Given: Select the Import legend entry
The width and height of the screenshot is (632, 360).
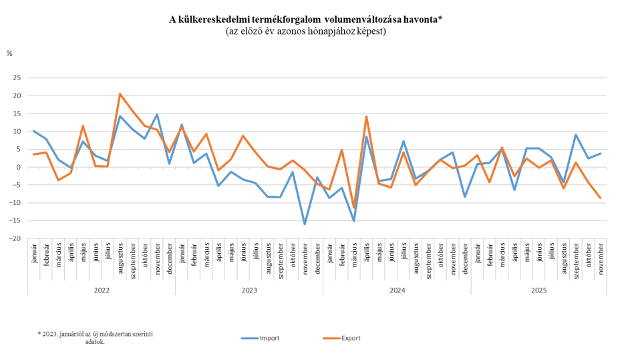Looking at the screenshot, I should click(x=269, y=339).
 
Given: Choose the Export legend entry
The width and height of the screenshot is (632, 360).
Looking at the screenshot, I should click(x=351, y=339).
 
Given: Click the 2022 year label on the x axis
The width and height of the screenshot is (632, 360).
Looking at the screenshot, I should click(x=102, y=291).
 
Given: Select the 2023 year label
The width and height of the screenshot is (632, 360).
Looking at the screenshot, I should click(x=249, y=291).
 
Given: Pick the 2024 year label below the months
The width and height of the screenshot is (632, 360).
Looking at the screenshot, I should click(x=397, y=291).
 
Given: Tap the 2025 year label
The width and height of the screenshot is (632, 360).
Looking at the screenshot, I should click(x=539, y=291).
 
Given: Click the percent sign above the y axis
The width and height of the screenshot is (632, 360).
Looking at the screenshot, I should click(x=9, y=53).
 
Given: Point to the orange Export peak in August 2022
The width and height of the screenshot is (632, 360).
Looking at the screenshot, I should click(x=120, y=94).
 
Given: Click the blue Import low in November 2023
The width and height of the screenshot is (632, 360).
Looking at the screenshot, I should click(x=305, y=224).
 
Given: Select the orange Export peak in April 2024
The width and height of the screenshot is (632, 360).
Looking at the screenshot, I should click(x=366, y=116).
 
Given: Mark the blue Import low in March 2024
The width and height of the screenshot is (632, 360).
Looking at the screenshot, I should click(x=354, y=220).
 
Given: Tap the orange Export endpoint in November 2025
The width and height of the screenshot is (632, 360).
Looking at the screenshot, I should click(x=600, y=198).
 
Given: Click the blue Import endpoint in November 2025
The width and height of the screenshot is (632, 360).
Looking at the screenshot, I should click(x=600, y=154).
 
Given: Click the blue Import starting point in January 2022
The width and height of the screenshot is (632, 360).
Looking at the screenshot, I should click(x=33, y=131).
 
